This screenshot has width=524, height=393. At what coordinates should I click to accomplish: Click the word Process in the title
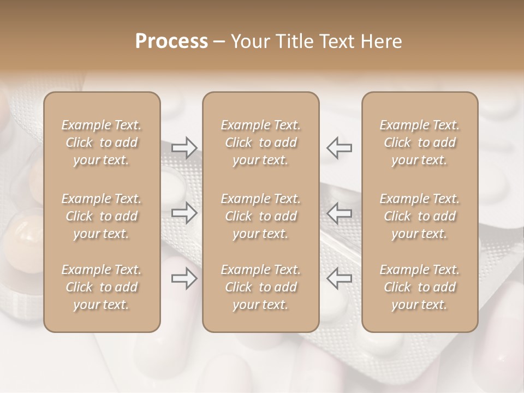pyautogui.click(x=171, y=41)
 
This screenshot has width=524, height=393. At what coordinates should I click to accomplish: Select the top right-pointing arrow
pyautogui.click(x=184, y=147)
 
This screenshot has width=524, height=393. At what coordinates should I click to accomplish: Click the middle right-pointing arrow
pyautogui.click(x=184, y=213)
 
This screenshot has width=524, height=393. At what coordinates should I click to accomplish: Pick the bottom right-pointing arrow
pyautogui.click(x=184, y=278)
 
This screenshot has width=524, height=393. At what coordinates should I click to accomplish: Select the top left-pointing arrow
pyautogui.click(x=339, y=147)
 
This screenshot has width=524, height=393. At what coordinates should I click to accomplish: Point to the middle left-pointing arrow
pyautogui.click(x=339, y=213)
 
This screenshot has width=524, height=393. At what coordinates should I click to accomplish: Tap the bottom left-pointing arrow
pyautogui.click(x=339, y=278)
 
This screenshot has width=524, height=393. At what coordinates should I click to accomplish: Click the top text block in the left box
pyautogui.click(x=102, y=142)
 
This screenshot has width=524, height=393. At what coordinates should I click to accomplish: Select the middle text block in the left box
pyautogui.click(x=102, y=216)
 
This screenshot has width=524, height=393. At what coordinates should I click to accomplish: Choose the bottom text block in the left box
pyautogui.click(x=102, y=287)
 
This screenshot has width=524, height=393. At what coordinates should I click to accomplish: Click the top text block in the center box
pyautogui.click(x=260, y=142)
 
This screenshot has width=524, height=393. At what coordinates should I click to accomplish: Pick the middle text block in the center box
pyautogui.click(x=260, y=216)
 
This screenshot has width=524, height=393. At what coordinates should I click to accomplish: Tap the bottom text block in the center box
pyautogui.click(x=260, y=287)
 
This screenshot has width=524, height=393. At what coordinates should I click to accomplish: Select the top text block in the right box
pyautogui.click(x=419, y=142)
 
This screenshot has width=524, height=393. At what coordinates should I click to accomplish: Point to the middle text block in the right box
pyautogui.click(x=419, y=216)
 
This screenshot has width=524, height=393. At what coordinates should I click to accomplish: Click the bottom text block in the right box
pyautogui.click(x=419, y=287)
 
